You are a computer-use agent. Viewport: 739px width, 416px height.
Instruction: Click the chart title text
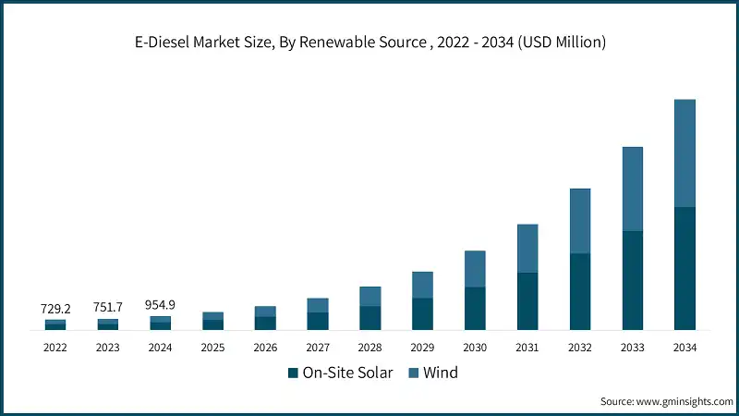pyautogui.click(x=369, y=43)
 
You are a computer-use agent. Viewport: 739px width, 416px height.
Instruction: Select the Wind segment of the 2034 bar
pyautogui.click(x=684, y=153)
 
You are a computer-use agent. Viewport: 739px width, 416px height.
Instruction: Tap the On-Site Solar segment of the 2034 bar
pyautogui.click(x=684, y=268)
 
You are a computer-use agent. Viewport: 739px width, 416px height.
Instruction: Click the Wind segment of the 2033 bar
pyautogui.click(x=632, y=189)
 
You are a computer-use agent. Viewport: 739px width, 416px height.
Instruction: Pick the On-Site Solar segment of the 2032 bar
pyautogui.click(x=580, y=291)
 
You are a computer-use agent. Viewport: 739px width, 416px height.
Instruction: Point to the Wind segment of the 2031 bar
pyautogui.click(x=527, y=248)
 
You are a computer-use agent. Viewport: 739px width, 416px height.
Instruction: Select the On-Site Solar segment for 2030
pyautogui.click(x=475, y=308)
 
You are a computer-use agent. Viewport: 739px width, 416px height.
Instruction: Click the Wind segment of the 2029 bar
pyautogui.click(x=422, y=285)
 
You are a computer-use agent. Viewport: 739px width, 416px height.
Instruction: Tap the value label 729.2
pyautogui.click(x=55, y=308)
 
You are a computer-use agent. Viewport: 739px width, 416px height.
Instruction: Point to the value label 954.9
pyautogui.click(x=161, y=304)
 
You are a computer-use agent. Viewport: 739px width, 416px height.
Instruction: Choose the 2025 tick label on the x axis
pyautogui.click(x=212, y=348)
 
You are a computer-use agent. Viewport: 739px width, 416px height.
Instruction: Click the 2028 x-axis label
pyautogui.click(x=369, y=348)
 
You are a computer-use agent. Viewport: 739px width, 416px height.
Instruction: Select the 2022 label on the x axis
pyautogui.click(x=55, y=348)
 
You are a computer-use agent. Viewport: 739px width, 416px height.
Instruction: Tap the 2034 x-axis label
pyautogui.click(x=684, y=348)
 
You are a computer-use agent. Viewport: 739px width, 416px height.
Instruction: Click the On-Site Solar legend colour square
pyautogui.click(x=294, y=373)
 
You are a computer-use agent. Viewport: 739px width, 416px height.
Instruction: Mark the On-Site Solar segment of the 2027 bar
pyautogui.click(x=318, y=321)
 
